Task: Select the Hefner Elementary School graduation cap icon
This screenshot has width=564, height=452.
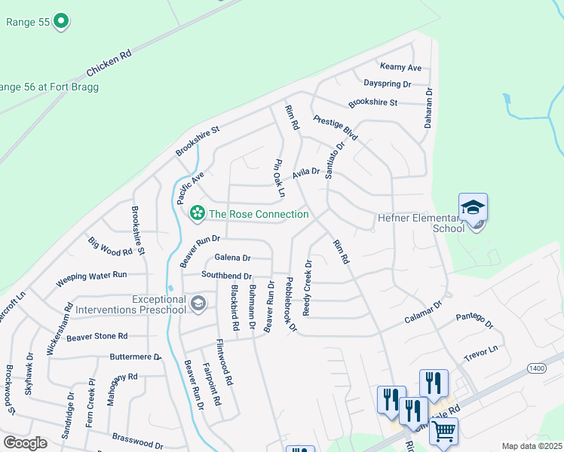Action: (473, 207)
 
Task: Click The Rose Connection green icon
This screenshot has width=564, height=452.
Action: (198, 214)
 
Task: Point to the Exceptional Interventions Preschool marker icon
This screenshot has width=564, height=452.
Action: (198, 304)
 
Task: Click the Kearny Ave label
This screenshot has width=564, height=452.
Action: (400, 68)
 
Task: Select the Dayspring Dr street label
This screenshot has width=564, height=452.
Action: (387, 84)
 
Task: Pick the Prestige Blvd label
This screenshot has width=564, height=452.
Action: (335, 129)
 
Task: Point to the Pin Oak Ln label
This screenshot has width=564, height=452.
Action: (278, 178)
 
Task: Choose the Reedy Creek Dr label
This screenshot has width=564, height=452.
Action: (307, 288)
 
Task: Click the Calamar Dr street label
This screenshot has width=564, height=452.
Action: (423, 311)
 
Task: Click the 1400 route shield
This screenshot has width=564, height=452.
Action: (536, 367)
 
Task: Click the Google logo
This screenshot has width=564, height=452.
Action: (25, 443)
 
